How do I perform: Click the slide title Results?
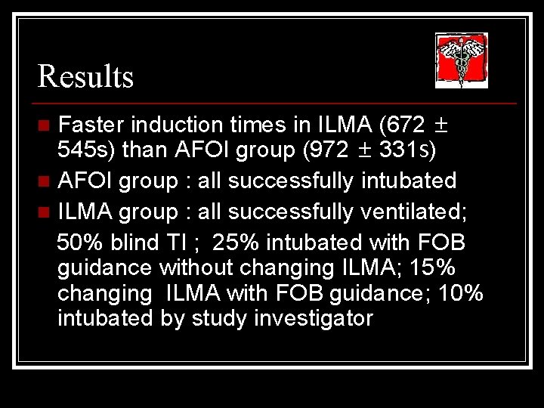point(85,76)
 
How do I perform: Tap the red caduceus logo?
point(461,61)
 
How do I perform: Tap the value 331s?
point(408,150)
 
